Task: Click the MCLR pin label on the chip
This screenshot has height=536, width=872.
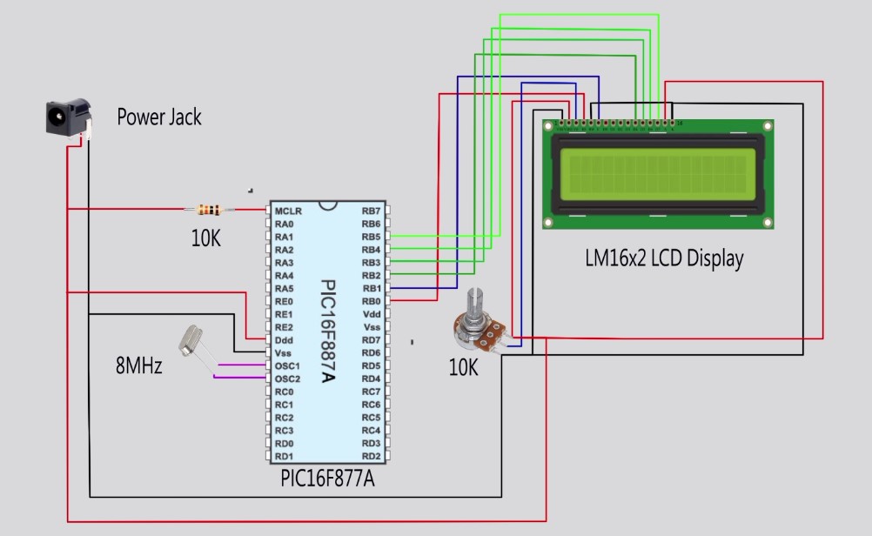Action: point(288,211)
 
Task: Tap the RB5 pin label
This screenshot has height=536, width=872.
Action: point(372,237)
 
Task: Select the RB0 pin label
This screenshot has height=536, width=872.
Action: point(372,301)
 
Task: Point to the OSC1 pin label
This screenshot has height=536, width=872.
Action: point(288,365)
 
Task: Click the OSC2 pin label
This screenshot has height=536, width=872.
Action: point(288,379)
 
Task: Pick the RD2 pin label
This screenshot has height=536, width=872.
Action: point(372,456)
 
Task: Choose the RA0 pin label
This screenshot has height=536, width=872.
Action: point(285,224)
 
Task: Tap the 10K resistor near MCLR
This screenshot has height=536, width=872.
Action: point(208,209)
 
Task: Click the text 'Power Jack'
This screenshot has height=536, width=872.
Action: point(159,117)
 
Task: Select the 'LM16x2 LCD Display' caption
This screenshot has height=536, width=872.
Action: point(664,258)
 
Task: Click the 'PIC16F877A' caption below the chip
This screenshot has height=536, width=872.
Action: point(327,479)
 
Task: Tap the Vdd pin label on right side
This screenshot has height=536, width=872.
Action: point(372,314)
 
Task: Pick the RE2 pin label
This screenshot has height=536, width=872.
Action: point(285,327)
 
